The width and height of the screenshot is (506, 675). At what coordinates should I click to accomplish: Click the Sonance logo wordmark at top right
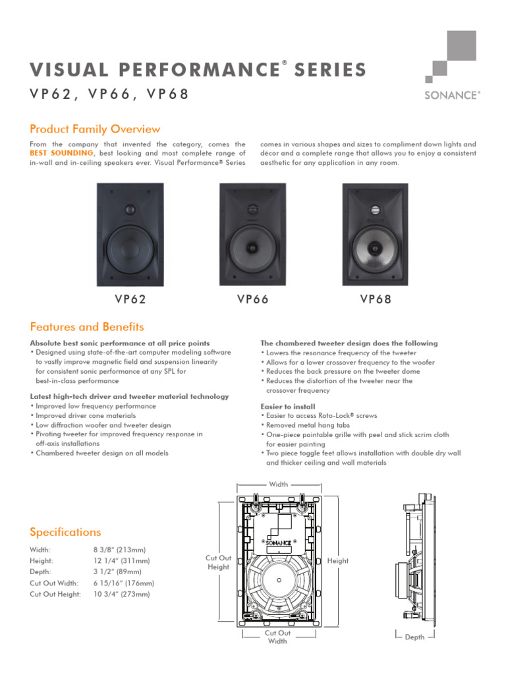click(x=453, y=95)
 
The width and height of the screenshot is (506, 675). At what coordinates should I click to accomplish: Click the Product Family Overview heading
click(x=95, y=129)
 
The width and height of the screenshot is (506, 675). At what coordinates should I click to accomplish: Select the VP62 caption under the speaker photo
click(x=130, y=299)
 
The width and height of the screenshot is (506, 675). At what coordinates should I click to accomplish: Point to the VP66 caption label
click(x=253, y=299)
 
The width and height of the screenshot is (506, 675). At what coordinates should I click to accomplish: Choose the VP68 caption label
click(x=376, y=299)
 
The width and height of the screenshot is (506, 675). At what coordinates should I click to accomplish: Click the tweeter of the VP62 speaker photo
click(x=130, y=211)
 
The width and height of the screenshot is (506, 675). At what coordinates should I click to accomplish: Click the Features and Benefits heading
click(x=87, y=327)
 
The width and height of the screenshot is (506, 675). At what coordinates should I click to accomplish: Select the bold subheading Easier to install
click(x=288, y=407)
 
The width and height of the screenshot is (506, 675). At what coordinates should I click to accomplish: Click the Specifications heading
click(x=65, y=532)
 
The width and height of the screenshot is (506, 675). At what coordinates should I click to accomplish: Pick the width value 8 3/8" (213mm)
click(x=120, y=550)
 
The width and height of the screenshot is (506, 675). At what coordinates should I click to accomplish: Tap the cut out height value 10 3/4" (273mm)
click(x=122, y=595)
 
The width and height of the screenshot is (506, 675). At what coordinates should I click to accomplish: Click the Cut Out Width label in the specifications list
click(x=54, y=583)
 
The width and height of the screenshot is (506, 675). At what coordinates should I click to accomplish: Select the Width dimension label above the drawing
click(x=278, y=484)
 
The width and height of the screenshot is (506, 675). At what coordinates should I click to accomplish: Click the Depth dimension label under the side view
click(x=414, y=637)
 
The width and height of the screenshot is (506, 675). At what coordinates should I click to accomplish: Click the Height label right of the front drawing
click(x=338, y=561)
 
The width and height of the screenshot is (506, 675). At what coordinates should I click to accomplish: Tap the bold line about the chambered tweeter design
click(x=349, y=343)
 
